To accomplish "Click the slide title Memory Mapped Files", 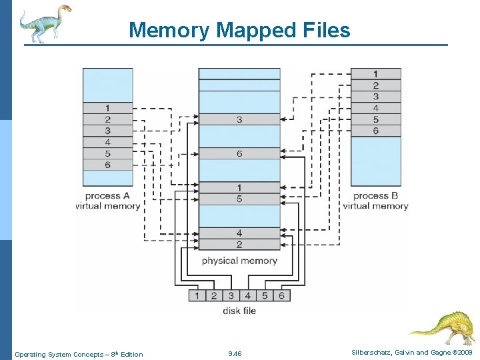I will click(x=239, y=30).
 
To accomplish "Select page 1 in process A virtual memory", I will click(x=107, y=108).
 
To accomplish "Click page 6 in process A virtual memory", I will click(x=107, y=165).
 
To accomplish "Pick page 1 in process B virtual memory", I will click(x=375, y=74).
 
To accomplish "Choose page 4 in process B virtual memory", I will click(x=375, y=108).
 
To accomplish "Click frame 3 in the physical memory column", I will click(x=239, y=119).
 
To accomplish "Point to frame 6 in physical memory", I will click(x=239, y=154).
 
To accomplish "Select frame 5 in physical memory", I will click(x=239, y=199).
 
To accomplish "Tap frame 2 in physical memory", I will click(x=239, y=245).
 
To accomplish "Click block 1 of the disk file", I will click(x=197, y=295).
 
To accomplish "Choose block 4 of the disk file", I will click(x=247, y=295).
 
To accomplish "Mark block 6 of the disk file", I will click(x=281, y=295).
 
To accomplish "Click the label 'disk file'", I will click(x=239, y=310).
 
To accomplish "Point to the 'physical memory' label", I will click(x=239, y=261).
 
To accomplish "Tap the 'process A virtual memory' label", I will click(x=107, y=201).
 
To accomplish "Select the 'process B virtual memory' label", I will click(x=375, y=201).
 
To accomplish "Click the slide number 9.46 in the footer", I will click(x=235, y=354).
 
